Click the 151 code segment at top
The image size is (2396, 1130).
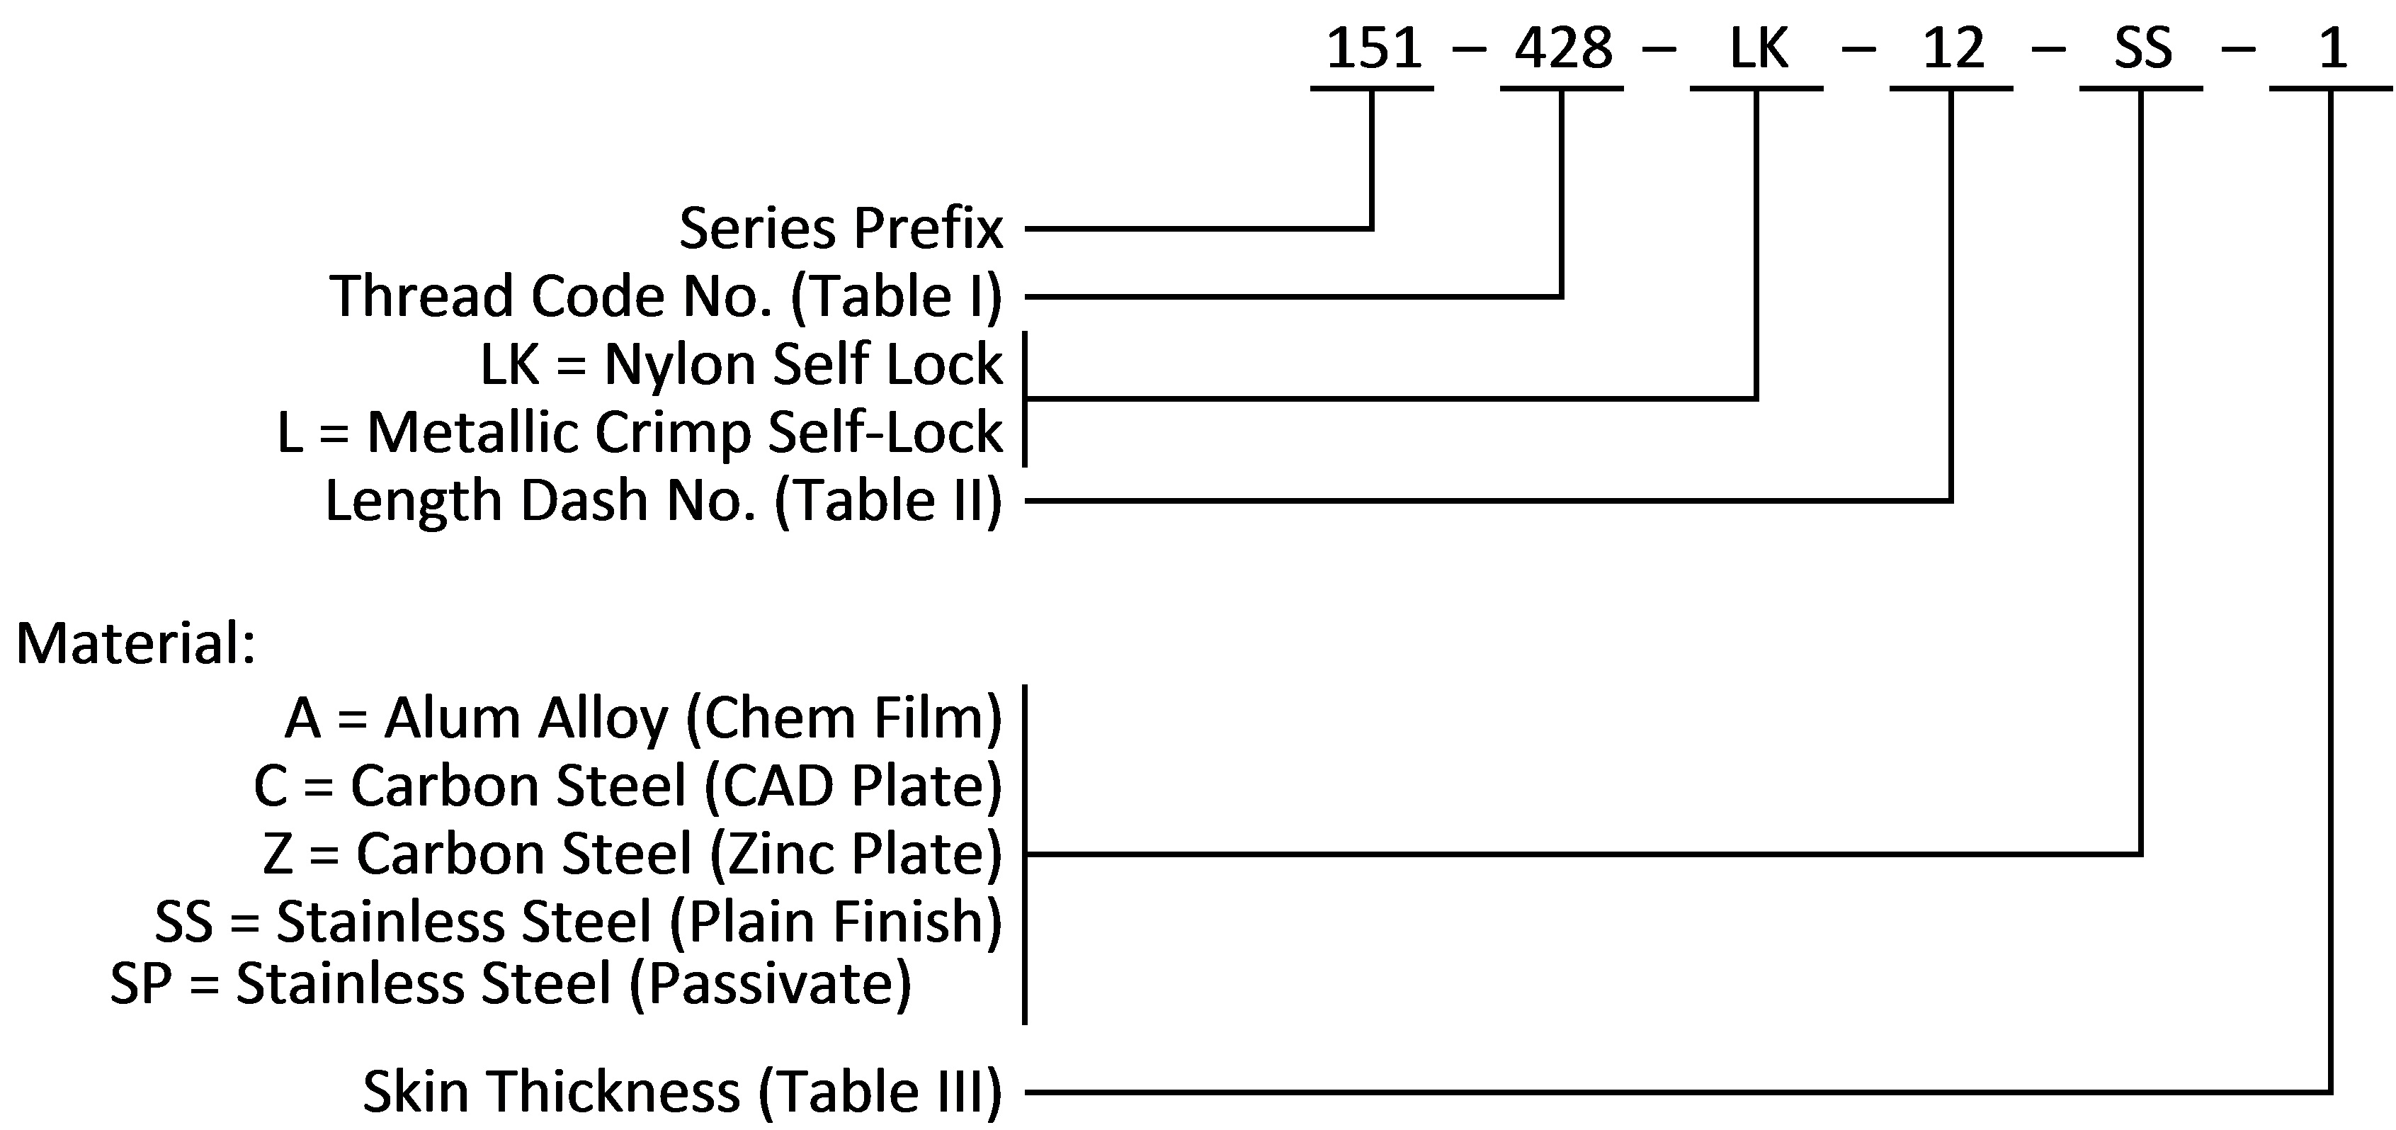(x=1374, y=48)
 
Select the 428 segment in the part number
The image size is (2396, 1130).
(x=1564, y=48)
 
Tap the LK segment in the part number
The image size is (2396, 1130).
(x=1758, y=48)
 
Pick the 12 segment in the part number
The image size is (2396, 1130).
(x=1953, y=48)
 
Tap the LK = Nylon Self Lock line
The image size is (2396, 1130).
(x=742, y=363)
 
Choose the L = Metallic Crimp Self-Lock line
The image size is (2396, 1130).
(x=640, y=432)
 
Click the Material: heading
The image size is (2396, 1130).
(x=136, y=643)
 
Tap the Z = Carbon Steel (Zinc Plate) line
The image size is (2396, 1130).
(x=632, y=854)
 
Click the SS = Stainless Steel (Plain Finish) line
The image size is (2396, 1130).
(x=579, y=922)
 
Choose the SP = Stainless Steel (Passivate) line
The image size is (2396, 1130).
(x=511, y=983)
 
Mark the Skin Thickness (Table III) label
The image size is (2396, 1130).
(x=683, y=1091)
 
